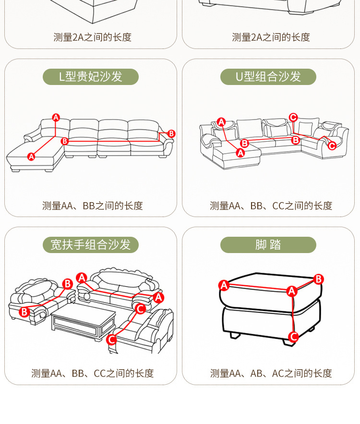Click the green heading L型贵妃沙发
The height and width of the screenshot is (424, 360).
click(x=90, y=77)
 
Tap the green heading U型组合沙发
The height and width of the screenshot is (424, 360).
click(x=268, y=77)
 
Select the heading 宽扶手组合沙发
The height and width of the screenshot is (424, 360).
click(x=90, y=245)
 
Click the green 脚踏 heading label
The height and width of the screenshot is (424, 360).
click(x=268, y=245)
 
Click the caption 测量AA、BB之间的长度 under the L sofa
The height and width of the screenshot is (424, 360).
click(x=93, y=206)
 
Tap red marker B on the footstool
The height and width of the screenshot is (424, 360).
click(x=319, y=279)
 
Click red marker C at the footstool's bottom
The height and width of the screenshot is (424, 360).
click(x=294, y=337)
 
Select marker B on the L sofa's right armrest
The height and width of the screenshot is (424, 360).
click(x=171, y=134)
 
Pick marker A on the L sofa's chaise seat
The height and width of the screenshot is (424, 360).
click(x=31, y=156)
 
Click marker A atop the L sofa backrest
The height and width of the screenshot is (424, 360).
click(x=56, y=117)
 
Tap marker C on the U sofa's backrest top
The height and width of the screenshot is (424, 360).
click(x=293, y=117)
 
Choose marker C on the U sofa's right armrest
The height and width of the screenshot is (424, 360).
click(x=332, y=145)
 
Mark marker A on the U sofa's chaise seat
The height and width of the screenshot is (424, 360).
click(x=240, y=153)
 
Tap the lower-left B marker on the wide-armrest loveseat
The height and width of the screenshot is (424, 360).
click(x=24, y=312)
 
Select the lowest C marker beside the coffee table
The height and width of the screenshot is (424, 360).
click(x=111, y=339)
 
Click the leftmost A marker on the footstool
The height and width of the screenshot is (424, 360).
click(x=223, y=285)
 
